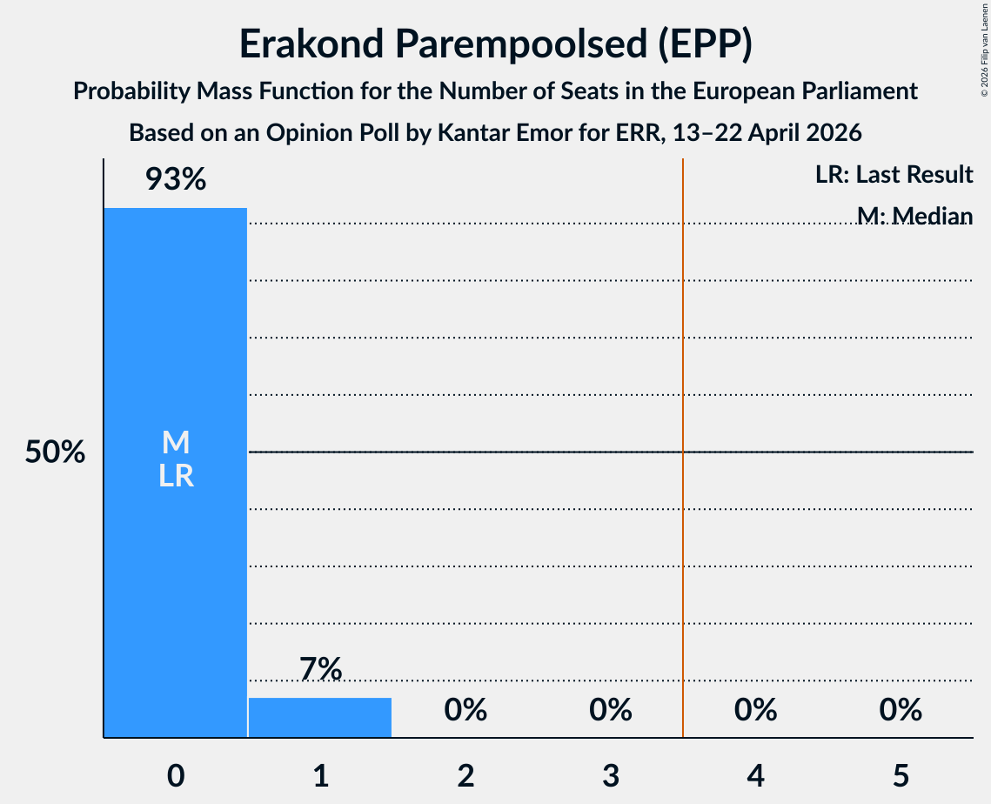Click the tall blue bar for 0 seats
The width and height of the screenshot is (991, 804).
[176, 472]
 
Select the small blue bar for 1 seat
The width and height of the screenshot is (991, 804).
[320, 717]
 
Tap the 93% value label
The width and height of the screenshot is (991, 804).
[176, 179]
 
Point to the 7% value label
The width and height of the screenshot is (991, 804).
[320, 669]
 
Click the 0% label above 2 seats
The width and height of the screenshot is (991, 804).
[465, 710]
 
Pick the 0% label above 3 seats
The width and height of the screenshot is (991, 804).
[611, 710]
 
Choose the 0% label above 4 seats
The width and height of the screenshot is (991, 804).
[756, 710]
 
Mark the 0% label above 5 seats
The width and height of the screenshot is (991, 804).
[901, 710]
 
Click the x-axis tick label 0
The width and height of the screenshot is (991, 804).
[176, 775]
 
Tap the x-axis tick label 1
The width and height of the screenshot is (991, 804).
[321, 775]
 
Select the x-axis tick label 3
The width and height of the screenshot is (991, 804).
[611, 775]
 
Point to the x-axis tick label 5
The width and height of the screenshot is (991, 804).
[901, 775]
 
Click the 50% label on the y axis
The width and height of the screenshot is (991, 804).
[55, 452]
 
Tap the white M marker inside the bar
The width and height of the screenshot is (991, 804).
[176, 442]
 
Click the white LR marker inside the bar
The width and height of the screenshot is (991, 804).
[176, 475]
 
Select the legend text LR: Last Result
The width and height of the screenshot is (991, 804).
[894, 174]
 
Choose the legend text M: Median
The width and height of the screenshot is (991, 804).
[914, 216]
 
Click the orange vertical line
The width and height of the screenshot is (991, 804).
[683, 447]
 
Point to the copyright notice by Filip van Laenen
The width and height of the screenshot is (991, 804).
[984, 50]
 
